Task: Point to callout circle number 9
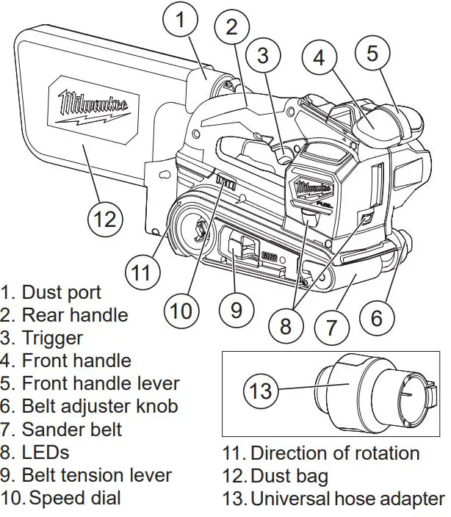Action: (236, 309)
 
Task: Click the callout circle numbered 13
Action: (261, 390)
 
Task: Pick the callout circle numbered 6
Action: (376, 318)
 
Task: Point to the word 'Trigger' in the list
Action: (52, 338)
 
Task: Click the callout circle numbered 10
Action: (181, 311)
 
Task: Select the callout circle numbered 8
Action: (286, 325)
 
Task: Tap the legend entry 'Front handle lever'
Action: (100, 383)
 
